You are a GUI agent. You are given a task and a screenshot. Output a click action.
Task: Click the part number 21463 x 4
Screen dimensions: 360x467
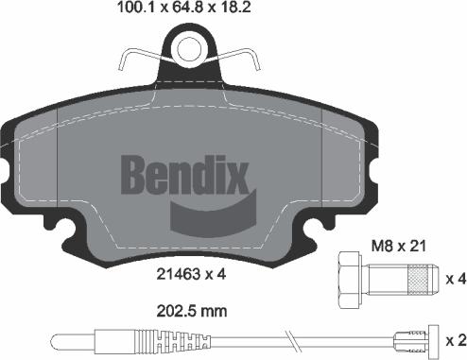click(190, 276)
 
